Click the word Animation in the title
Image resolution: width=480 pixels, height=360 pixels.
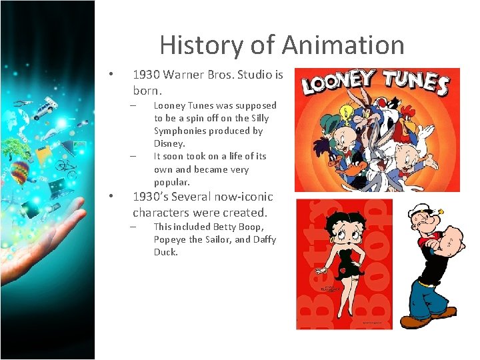coord(343,45)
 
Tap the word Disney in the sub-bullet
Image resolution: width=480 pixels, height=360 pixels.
coord(169,143)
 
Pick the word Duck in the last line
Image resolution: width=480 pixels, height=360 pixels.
coord(166,252)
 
